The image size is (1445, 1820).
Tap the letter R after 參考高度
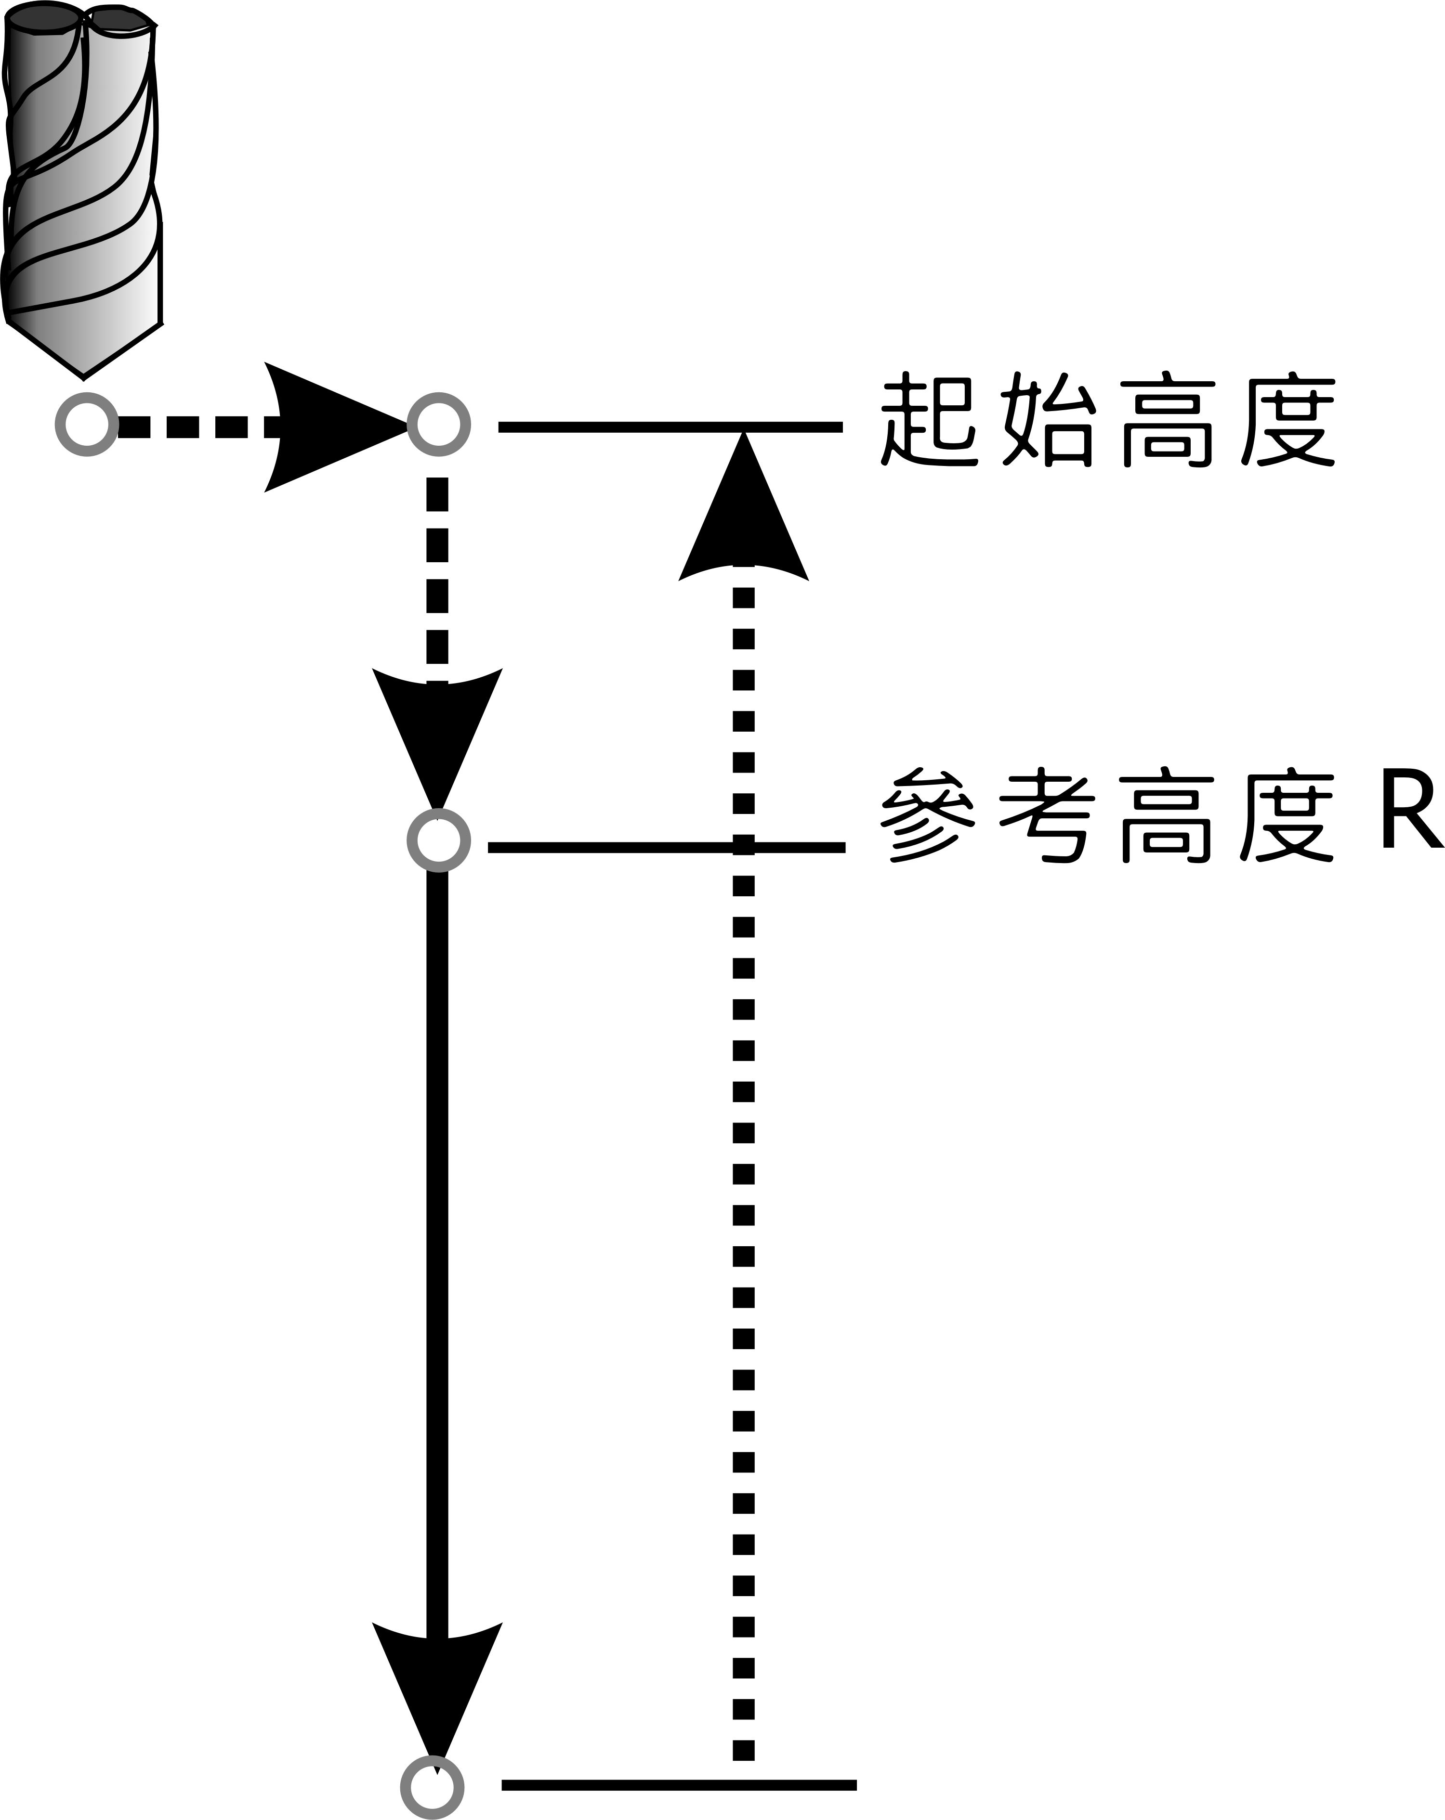pos(1410,814)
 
